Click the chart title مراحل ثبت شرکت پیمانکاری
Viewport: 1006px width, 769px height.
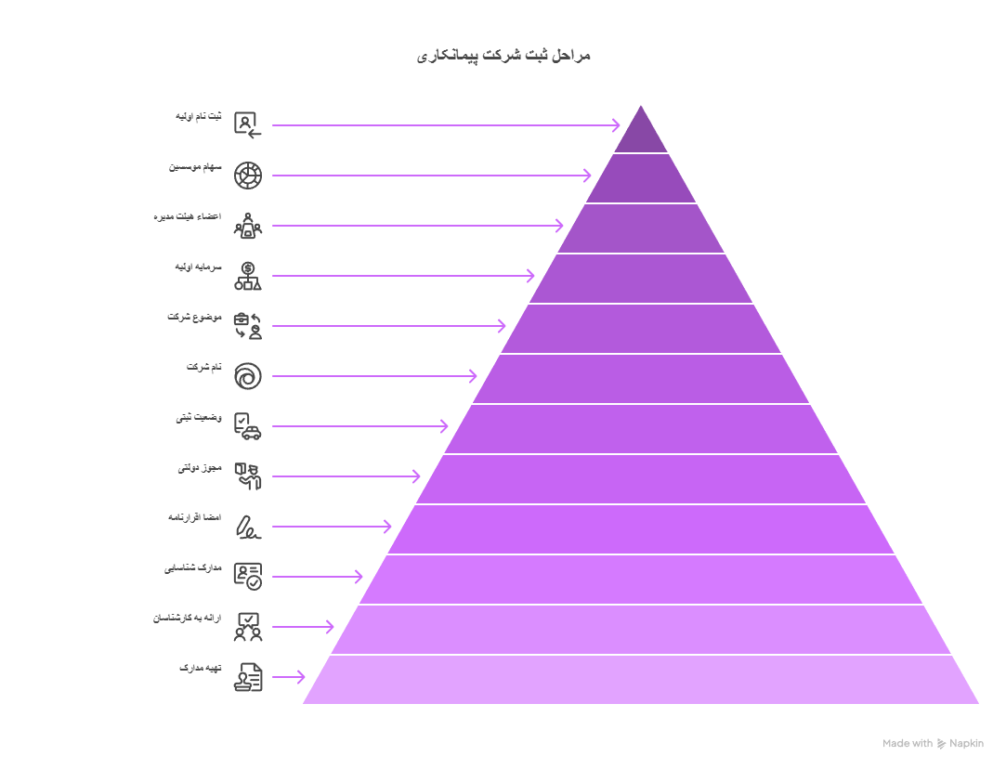(x=503, y=56)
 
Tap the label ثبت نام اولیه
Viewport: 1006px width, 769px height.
(x=198, y=116)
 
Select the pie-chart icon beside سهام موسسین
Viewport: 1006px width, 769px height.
(x=248, y=176)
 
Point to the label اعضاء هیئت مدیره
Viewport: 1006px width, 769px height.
(x=188, y=216)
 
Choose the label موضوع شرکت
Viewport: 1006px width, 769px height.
(x=194, y=317)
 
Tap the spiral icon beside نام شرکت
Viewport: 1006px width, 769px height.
(x=248, y=376)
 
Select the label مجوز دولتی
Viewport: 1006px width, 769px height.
(x=200, y=467)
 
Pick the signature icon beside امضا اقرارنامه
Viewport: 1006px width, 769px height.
(x=248, y=527)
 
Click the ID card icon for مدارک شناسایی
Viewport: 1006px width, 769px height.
(x=248, y=577)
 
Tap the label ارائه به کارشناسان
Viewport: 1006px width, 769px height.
(x=187, y=619)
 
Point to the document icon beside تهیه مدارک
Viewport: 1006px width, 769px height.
(x=248, y=677)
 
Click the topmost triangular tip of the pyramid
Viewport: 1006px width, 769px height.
(x=641, y=106)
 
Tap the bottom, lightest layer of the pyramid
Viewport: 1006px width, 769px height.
(x=641, y=680)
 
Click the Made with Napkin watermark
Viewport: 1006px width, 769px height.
(x=933, y=743)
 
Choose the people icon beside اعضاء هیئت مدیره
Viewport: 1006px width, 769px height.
(x=248, y=226)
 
